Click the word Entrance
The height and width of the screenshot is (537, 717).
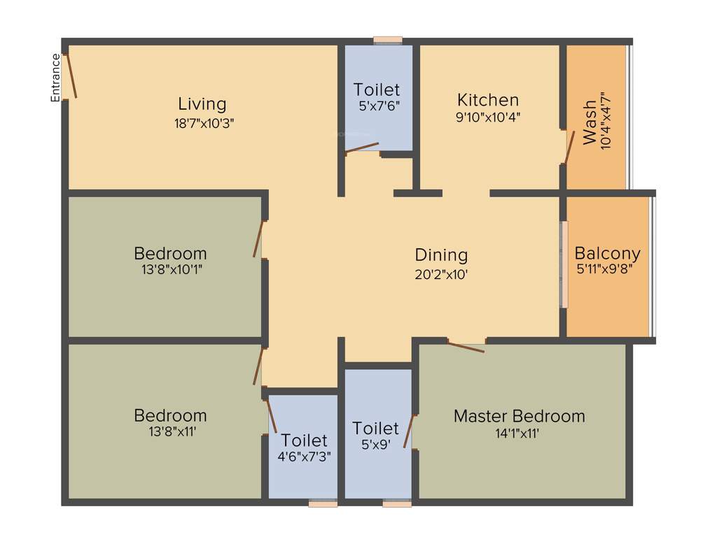(x=55, y=78)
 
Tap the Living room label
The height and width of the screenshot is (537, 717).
(x=202, y=104)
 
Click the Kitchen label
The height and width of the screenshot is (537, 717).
(x=488, y=100)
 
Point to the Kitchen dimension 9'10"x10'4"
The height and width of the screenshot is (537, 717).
(x=488, y=117)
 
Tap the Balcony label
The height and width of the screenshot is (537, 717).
(x=607, y=253)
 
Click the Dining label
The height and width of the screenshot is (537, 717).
(x=441, y=255)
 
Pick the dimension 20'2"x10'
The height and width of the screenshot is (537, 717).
(x=441, y=274)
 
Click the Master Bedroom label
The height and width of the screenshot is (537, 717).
(x=519, y=416)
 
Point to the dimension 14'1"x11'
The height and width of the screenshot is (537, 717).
(x=519, y=433)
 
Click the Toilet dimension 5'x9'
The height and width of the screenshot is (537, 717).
(x=376, y=444)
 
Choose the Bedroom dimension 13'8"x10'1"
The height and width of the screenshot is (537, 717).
(x=170, y=269)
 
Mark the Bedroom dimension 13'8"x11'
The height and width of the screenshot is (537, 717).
(x=170, y=431)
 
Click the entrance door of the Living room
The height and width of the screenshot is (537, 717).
(x=69, y=76)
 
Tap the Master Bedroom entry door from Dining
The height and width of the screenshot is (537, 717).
(x=466, y=346)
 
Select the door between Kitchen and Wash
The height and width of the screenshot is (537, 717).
(x=569, y=147)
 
